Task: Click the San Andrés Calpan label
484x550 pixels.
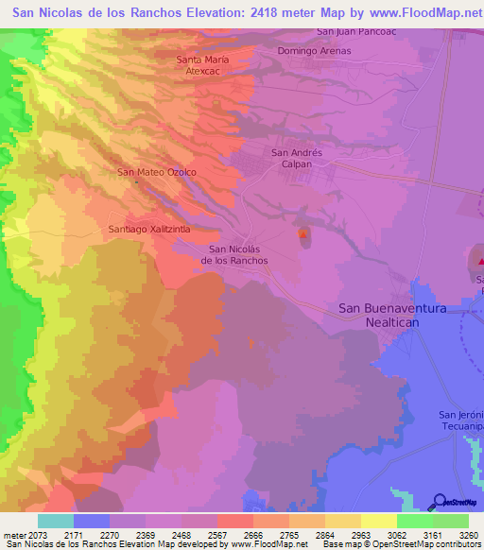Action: [x=297, y=157]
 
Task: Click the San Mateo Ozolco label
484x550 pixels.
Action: [x=156, y=172]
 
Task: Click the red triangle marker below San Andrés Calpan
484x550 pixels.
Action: [x=302, y=234]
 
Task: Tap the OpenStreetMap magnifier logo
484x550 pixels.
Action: [x=440, y=502]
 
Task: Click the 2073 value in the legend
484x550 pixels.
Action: [x=53, y=533]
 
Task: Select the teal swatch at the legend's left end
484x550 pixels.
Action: [x=55, y=520]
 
